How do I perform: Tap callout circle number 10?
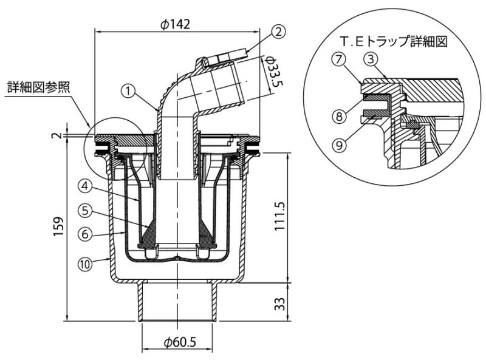(x=85, y=263)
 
